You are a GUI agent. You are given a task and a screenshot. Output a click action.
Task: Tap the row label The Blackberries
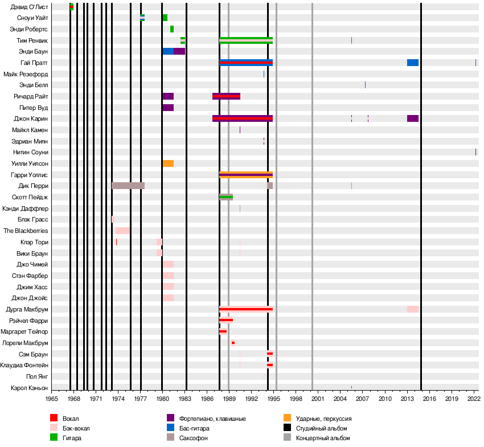pos(26,231)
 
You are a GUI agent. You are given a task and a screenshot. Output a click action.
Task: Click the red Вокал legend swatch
pos(54,419)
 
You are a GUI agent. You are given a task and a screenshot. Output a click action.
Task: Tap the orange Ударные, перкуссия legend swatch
pos(287,419)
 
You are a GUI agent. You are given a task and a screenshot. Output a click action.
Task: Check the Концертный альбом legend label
pos(323,438)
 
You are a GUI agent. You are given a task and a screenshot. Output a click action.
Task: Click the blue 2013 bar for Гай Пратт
pos(413,63)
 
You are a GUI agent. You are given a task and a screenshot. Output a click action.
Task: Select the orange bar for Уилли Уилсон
pos(168,163)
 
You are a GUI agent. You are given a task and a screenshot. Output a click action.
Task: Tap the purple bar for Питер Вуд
pos(168,108)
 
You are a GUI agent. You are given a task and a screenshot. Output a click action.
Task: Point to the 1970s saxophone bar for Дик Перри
pos(128,186)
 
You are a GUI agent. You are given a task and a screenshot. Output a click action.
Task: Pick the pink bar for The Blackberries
pos(123,231)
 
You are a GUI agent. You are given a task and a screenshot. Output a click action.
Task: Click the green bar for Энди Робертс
pos(172,29)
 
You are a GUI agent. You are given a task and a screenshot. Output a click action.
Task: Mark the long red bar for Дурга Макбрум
pos(246,309)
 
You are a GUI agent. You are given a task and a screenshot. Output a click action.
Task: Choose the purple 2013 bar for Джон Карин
pos(413,118)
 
